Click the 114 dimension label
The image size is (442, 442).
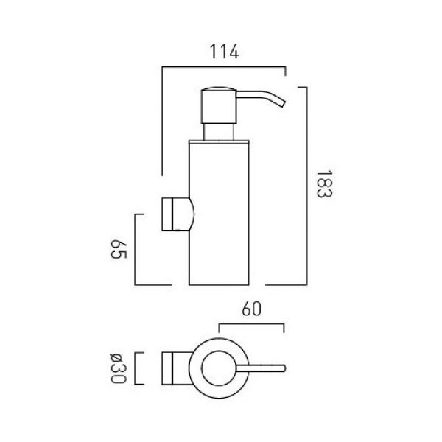click(224, 52)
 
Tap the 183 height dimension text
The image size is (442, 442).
click(324, 184)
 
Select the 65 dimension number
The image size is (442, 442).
click(119, 249)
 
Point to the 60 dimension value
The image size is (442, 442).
click(251, 309)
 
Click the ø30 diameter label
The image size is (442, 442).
click(118, 368)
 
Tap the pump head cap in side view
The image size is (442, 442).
click(219, 105)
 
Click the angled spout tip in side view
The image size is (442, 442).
click(282, 103)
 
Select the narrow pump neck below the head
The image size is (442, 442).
click(219, 132)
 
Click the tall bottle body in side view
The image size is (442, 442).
click(219, 214)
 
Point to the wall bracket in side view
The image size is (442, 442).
click(178, 214)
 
